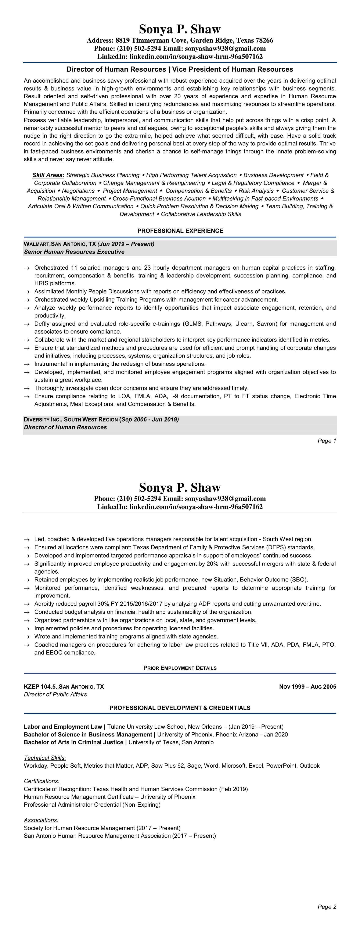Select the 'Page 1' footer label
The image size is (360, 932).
pos(327,441)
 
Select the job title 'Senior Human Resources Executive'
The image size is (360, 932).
pos(74,252)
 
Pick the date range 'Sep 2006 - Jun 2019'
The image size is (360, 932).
pos(150,420)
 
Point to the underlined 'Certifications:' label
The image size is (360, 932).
pos(42,781)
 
